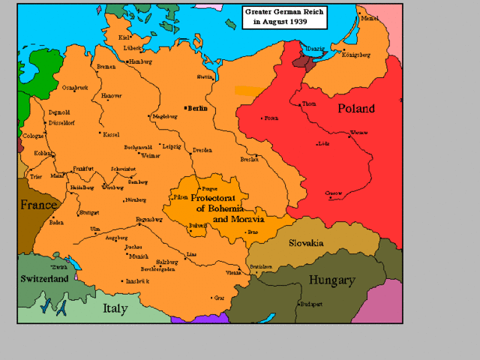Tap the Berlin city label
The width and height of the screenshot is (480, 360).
click(199, 108)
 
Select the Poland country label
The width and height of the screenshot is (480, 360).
click(355, 109)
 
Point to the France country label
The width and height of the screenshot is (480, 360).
click(38, 205)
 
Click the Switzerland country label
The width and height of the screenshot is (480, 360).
click(45, 278)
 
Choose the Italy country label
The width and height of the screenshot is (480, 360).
click(115, 308)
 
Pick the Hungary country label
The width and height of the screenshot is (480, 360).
click(331, 280)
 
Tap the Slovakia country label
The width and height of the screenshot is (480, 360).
click(306, 243)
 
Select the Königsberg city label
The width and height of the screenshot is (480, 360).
click(356, 55)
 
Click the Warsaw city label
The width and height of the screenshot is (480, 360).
click(358, 132)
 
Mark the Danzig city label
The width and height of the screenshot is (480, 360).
click(315, 49)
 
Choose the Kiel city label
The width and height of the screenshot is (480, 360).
click(124, 36)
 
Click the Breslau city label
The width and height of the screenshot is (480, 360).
click(250, 158)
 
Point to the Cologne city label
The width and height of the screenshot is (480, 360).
click(33, 136)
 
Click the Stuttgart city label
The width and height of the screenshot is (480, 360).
click(88, 212)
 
